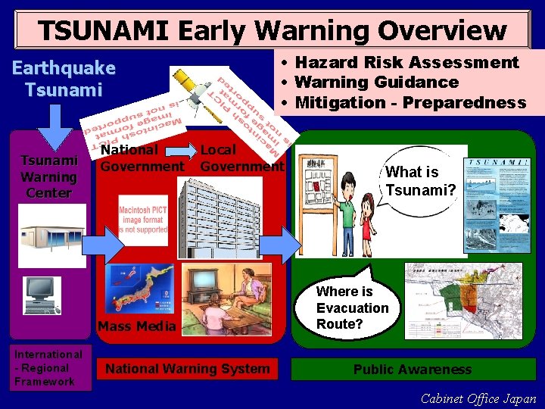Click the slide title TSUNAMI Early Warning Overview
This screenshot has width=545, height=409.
(x=272, y=30)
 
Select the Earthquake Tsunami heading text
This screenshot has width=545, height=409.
(x=64, y=79)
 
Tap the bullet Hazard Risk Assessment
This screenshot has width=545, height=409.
(x=406, y=62)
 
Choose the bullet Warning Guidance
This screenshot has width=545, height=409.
(x=376, y=82)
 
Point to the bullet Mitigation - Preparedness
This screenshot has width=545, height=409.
(x=410, y=102)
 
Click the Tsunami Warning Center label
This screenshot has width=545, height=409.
(x=48, y=176)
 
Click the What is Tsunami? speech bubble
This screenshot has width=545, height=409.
(x=420, y=180)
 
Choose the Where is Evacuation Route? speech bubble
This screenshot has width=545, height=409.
(x=352, y=307)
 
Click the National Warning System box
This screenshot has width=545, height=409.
(x=187, y=369)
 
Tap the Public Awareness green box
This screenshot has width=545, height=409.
(x=413, y=370)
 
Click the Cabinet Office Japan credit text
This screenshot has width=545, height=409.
(x=478, y=398)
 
